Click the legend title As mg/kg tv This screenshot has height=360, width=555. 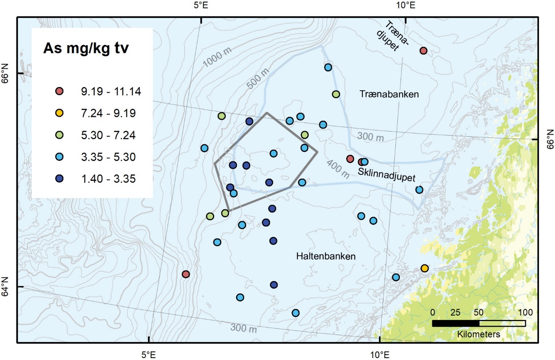pos(86,48)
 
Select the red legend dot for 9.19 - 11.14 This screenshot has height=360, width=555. pos(59,91)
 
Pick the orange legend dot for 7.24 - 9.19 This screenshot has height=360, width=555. pos(59,113)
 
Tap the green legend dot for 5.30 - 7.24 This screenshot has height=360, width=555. pos(59,135)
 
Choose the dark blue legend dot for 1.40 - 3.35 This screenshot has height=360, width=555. pos(59,179)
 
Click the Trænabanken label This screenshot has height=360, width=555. pos(389,94)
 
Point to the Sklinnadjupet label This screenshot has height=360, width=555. pos(387,174)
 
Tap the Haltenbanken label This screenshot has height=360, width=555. pos(326,256)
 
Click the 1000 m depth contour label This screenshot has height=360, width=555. pos(217,57)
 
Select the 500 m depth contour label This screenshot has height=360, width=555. pos(258,79)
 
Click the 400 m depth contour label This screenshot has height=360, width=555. pos(338,169)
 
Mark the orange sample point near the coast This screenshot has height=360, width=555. pos(425,268)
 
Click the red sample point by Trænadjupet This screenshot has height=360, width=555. pos(423,51)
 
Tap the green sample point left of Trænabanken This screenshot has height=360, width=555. pos(336,94)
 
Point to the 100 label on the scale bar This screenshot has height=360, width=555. pos(525,312)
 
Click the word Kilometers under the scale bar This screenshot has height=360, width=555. pos(479,334)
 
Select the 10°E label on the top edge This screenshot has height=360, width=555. pos(405,5)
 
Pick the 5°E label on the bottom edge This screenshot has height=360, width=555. pos(149,355)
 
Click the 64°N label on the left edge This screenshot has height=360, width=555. pos(5,287)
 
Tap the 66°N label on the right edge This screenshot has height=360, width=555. pos(550,139)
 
